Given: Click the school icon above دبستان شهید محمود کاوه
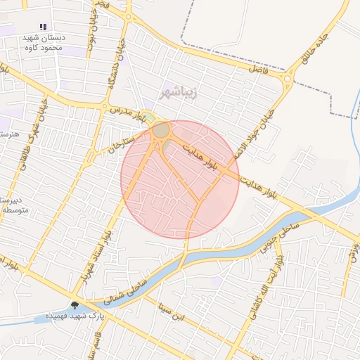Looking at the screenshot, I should pos(44,27).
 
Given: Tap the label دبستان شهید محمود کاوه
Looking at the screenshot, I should pos(42,43).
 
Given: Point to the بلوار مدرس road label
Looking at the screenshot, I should pos(127,115).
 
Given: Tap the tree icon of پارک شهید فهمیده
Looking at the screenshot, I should pos(75,304).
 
